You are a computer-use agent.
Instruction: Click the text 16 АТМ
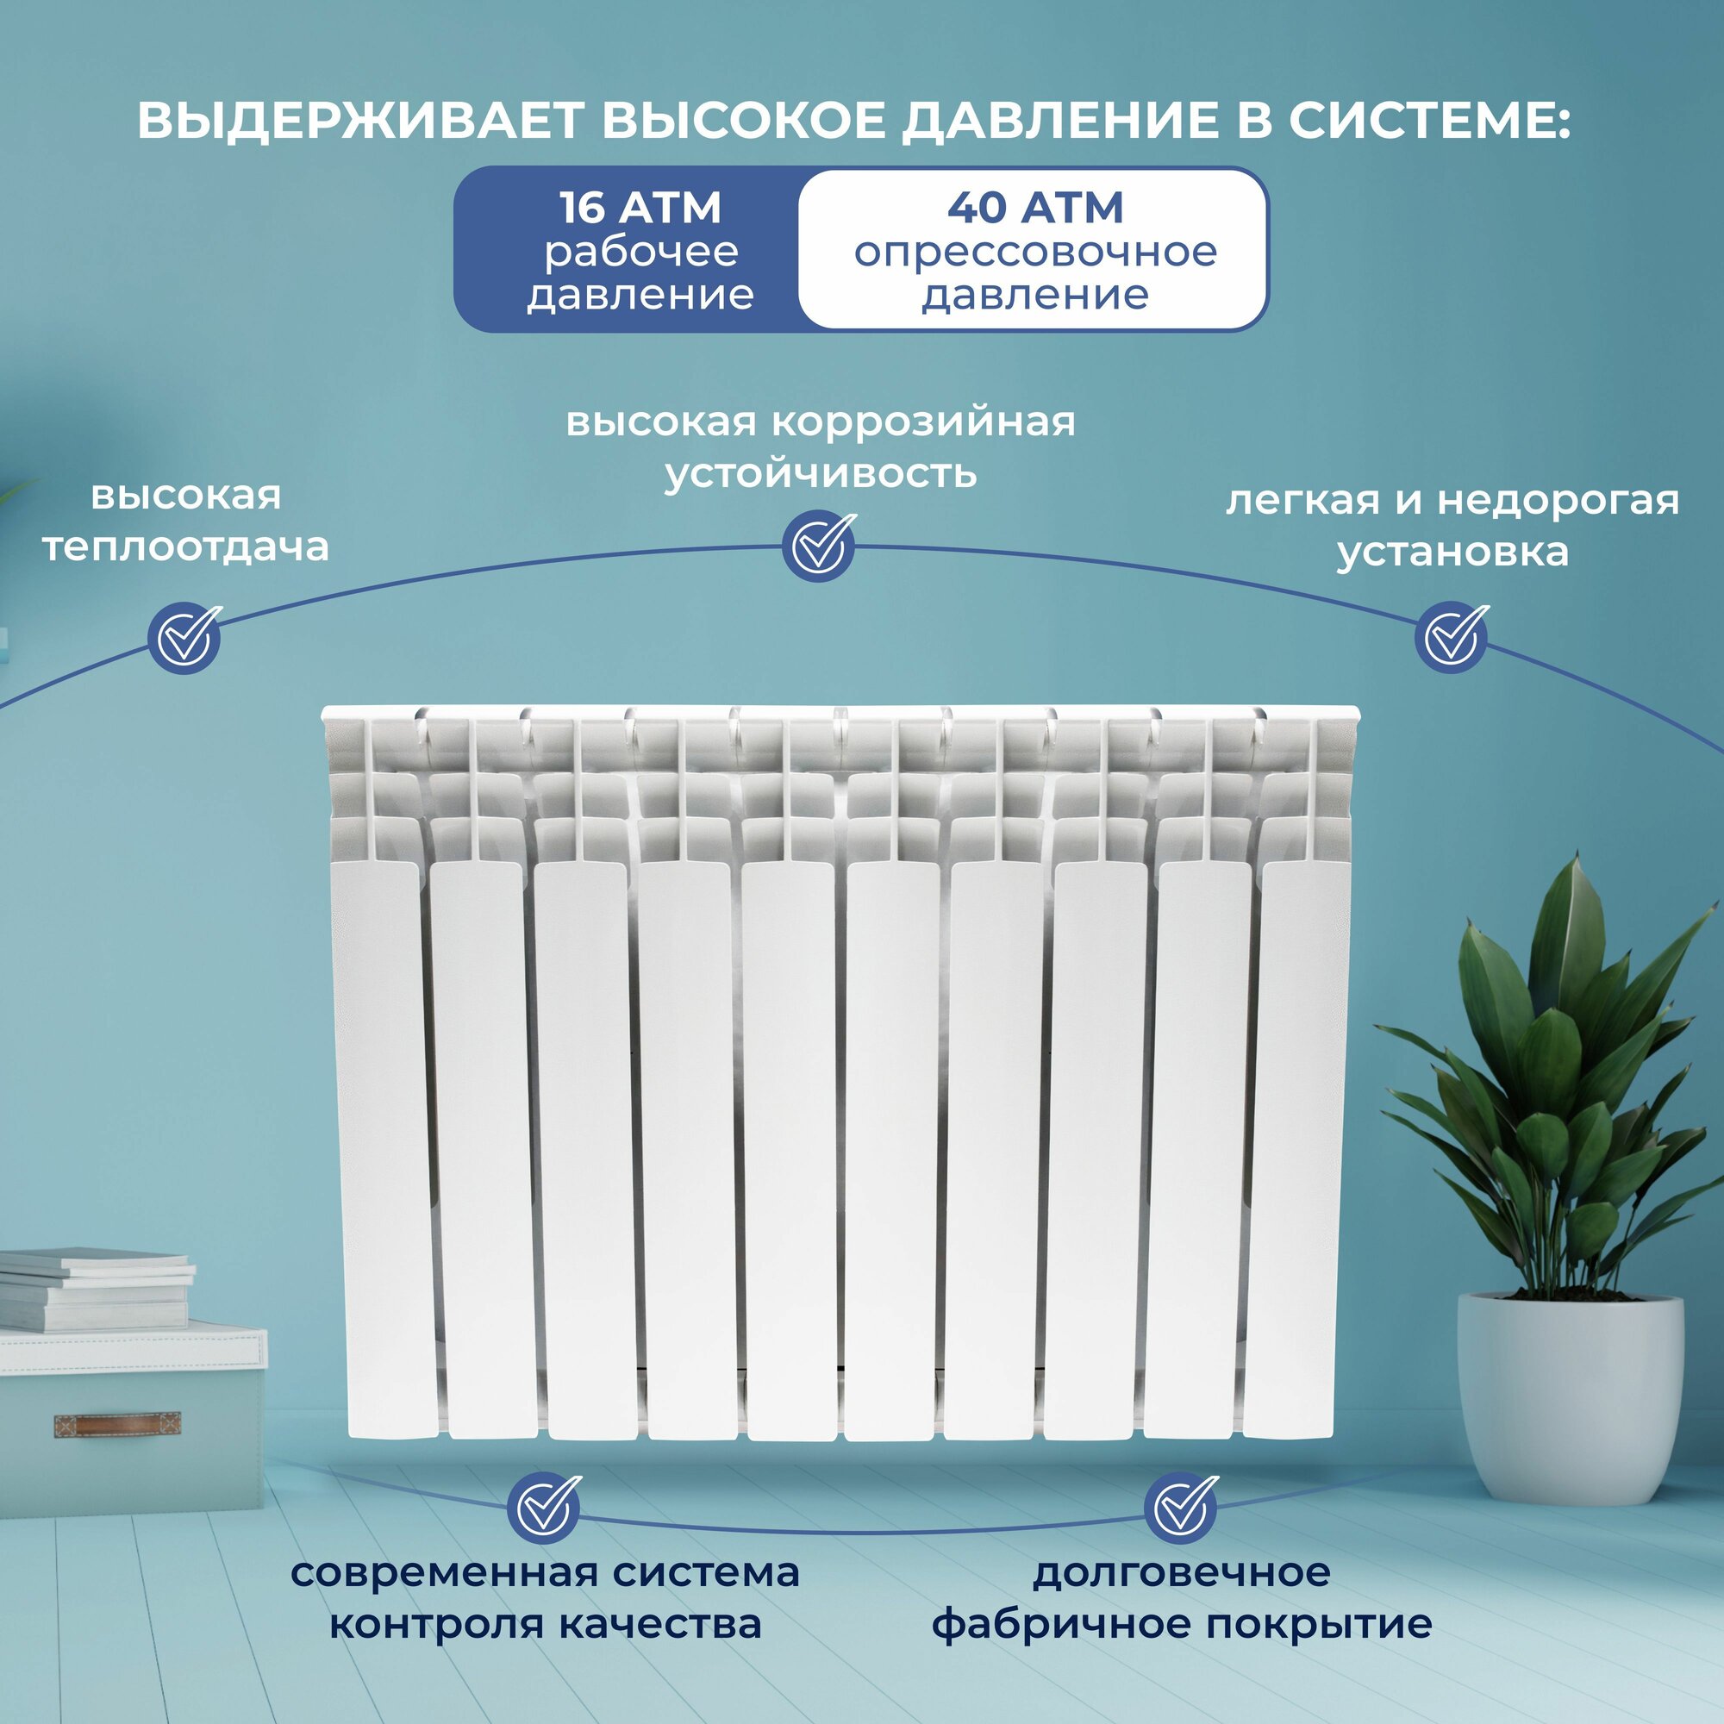tap(640, 208)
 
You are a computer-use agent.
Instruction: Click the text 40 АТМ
tap(1035, 208)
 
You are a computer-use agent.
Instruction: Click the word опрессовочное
tap(1035, 252)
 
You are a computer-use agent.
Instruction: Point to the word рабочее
tap(640, 252)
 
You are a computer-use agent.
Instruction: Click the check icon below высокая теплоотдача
tap(184, 637)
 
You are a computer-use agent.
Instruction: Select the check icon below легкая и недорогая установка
tap(1451, 637)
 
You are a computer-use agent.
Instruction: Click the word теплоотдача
tap(185, 547)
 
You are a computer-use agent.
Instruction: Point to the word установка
tap(1452, 552)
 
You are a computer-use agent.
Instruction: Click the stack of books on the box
tap(94, 1289)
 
